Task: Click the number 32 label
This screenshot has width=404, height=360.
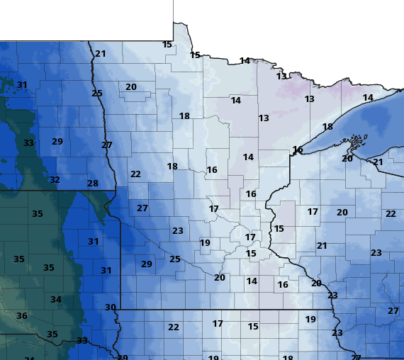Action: point(55,180)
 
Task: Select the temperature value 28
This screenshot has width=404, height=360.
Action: point(93,184)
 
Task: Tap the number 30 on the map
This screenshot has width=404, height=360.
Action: point(111,307)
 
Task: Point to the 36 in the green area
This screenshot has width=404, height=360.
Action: point(22,316)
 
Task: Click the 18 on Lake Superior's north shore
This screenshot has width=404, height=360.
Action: point(327,127)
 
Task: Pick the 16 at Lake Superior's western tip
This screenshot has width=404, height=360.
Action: point(298,150)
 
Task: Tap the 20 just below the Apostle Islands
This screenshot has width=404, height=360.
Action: point(347,158)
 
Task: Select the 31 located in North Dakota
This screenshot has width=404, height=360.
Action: point(22,85)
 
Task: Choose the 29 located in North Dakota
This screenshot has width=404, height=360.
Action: point(57,142)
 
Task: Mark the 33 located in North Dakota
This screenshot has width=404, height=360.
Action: point(28,143)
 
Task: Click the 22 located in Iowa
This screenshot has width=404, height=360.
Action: point(174,327)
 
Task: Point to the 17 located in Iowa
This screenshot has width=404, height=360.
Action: point(218,324)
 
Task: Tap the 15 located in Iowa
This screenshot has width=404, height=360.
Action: point(253,327)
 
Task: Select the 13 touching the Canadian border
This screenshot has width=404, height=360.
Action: point(282,77)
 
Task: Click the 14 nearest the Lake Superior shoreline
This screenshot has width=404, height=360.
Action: point(368,98)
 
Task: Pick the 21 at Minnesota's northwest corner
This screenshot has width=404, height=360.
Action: point(101,54)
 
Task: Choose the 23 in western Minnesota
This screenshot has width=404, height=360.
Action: point(178,231)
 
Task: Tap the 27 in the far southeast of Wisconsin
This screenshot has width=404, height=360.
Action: point(393,310)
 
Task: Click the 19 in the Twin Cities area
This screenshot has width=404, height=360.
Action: point(205,243)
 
